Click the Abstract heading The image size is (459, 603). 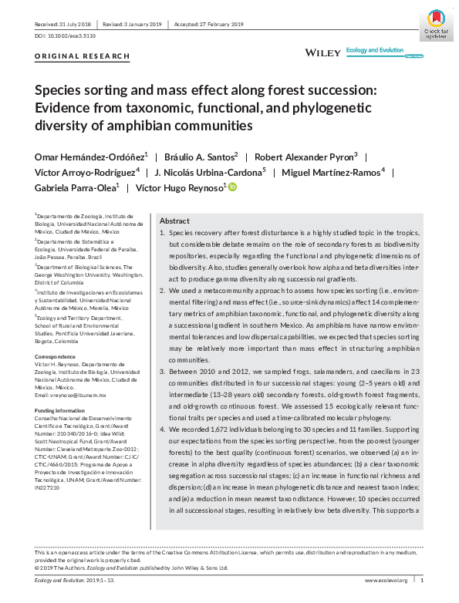click(x=174, y=220)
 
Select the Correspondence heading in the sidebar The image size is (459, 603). click(x=57, y=358)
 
